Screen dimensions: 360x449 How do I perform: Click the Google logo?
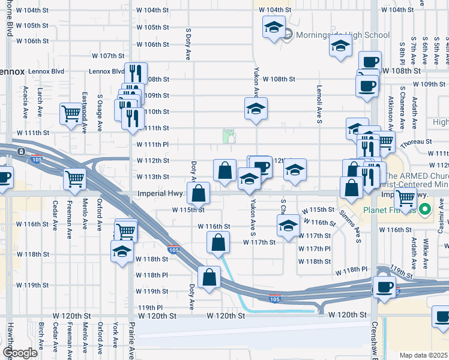pos(20,353)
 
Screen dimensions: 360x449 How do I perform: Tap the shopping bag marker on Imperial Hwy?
pos(198,193)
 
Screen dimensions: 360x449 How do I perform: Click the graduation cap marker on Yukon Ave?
pos(256,109)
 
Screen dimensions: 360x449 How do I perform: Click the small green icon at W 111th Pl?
pos(229,136)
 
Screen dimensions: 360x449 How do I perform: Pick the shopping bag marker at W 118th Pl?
pos(209,278)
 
